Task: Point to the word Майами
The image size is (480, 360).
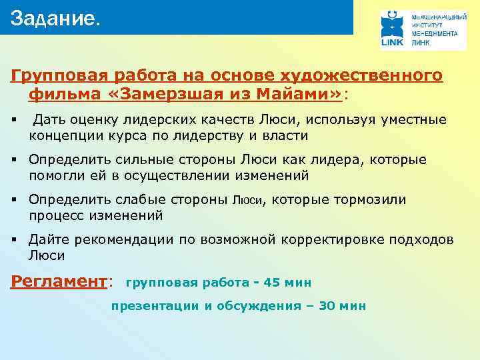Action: click(x=307, y=95)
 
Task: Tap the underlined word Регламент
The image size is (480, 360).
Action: click(x=59, y=281)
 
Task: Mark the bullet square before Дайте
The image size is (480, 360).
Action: click(x=13, y=239)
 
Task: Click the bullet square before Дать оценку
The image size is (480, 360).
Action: click(x=13, y=120)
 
